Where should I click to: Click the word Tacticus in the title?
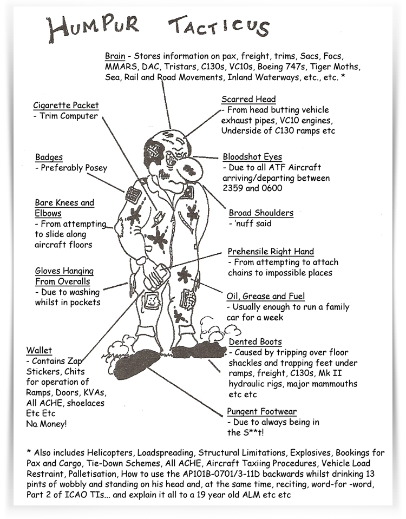[x=219, y=28]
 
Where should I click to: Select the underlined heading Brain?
[x=115, y=56]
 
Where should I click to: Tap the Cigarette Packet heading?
[x=66, y=105]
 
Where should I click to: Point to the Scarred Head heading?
[x=248, y=99]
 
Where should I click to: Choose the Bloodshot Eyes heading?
[x=252, y=157]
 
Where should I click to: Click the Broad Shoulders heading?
[x=261, y=213]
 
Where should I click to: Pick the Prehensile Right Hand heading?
[x=271, y=252]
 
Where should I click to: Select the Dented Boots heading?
[x=255, y=341]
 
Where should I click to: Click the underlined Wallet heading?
[x=39, y=350]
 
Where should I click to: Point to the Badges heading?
[x=49, y=157]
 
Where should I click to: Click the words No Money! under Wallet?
[x=47, y=424]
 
